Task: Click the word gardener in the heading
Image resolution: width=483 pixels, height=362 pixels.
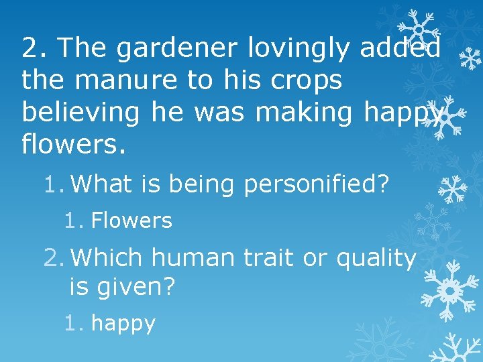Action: [176, 48]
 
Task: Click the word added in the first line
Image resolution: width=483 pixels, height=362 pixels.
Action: [400, 48]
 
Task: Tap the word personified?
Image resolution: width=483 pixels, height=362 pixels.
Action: [316, 184]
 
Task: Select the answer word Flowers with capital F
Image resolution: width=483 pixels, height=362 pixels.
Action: [131, 221]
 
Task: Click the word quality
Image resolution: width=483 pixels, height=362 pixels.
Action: [376, 257]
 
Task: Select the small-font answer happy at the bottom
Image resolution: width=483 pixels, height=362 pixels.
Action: [123, 323]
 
